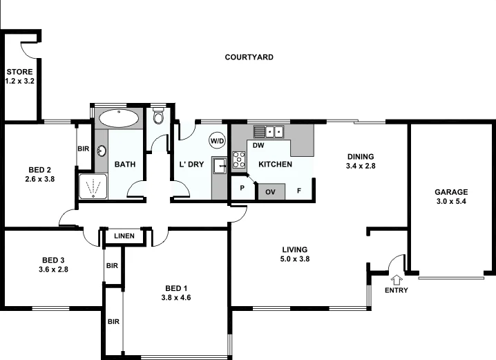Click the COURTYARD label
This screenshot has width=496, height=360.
[x=249, y=57]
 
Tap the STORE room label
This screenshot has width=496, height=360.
[x=19, y=72]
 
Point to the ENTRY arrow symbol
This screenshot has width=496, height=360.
[x=397, y=279]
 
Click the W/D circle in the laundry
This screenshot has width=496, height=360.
[x=218, y=141]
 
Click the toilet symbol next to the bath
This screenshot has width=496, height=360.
[x=158, y=115]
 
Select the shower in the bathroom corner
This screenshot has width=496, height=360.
[x=93, y=186]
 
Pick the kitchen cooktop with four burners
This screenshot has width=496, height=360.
[x=239, y=160]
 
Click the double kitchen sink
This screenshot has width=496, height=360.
[x=269, y=131]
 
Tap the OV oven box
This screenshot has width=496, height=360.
[x=269, y=191]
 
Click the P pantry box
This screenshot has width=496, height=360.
[x=242, y=188]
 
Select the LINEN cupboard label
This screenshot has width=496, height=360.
[x=124, y=237]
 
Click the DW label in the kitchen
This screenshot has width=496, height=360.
[x=258, y=146]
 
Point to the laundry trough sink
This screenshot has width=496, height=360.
[x=220, y=165]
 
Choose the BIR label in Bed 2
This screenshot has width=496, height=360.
[x=83, y=148]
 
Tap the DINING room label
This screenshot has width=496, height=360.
[x=359, y=157]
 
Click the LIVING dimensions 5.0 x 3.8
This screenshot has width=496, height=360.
[x=294, y=259]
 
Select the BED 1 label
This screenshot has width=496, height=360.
[x=176, y=288]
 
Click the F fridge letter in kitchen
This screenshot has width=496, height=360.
[x=299, y=191]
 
